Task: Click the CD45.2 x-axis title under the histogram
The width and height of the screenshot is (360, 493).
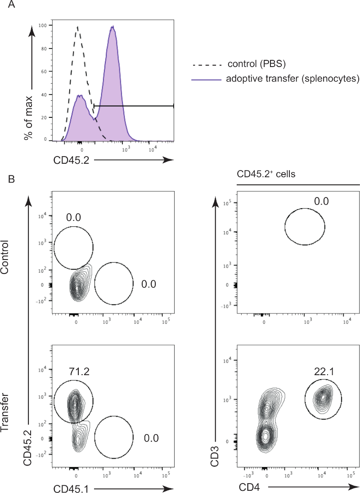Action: pyautogui.click(x=72, y=159)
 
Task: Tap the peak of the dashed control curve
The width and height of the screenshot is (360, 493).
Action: pyautogui.click(x=78, y=27)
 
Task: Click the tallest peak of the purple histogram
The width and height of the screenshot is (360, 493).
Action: pyautogui.click(x=112, y=27)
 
